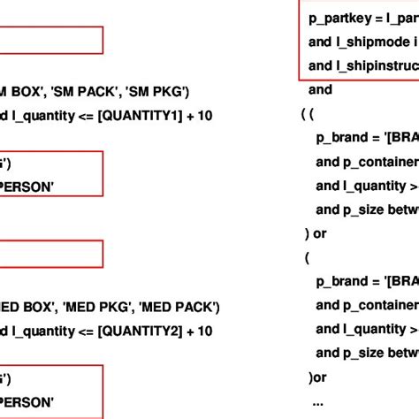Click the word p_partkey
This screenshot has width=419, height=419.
[x=340, y=18]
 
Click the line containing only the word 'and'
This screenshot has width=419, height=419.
[x=320, y=89]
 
